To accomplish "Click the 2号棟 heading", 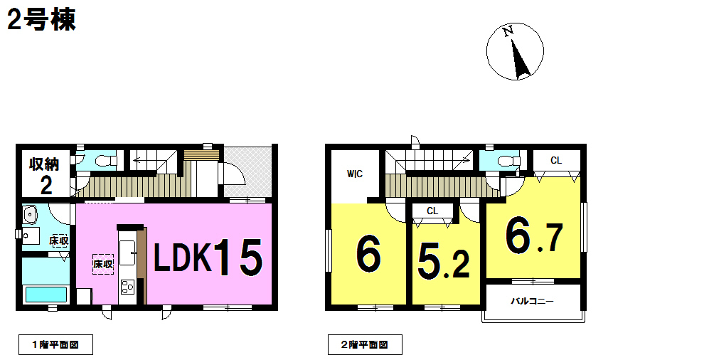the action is (x=41, y=21).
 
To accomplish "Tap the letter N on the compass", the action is (x=508, y=31).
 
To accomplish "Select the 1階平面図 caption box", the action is (x=55, y=344).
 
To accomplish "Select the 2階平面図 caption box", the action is (x=365, y=344).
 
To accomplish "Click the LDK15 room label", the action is (x=208, y=257).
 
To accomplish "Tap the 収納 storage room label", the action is (x=44, y=164).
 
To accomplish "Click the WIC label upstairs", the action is (x=355, y=174).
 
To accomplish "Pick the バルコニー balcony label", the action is (x=532, y=301).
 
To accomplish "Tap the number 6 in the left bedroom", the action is (x=368, y=255).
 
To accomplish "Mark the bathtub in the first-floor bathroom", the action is (x=46, y=295).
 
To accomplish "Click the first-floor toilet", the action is (x=106, y=161).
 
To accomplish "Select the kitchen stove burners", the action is (x=127, y=287).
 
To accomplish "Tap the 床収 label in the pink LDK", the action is (x=102, y=264).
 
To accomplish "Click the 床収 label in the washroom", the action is (x=59, y=240).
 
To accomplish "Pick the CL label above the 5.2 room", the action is (x=432, y=211).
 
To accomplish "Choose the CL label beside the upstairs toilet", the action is (x=556, y=160).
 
